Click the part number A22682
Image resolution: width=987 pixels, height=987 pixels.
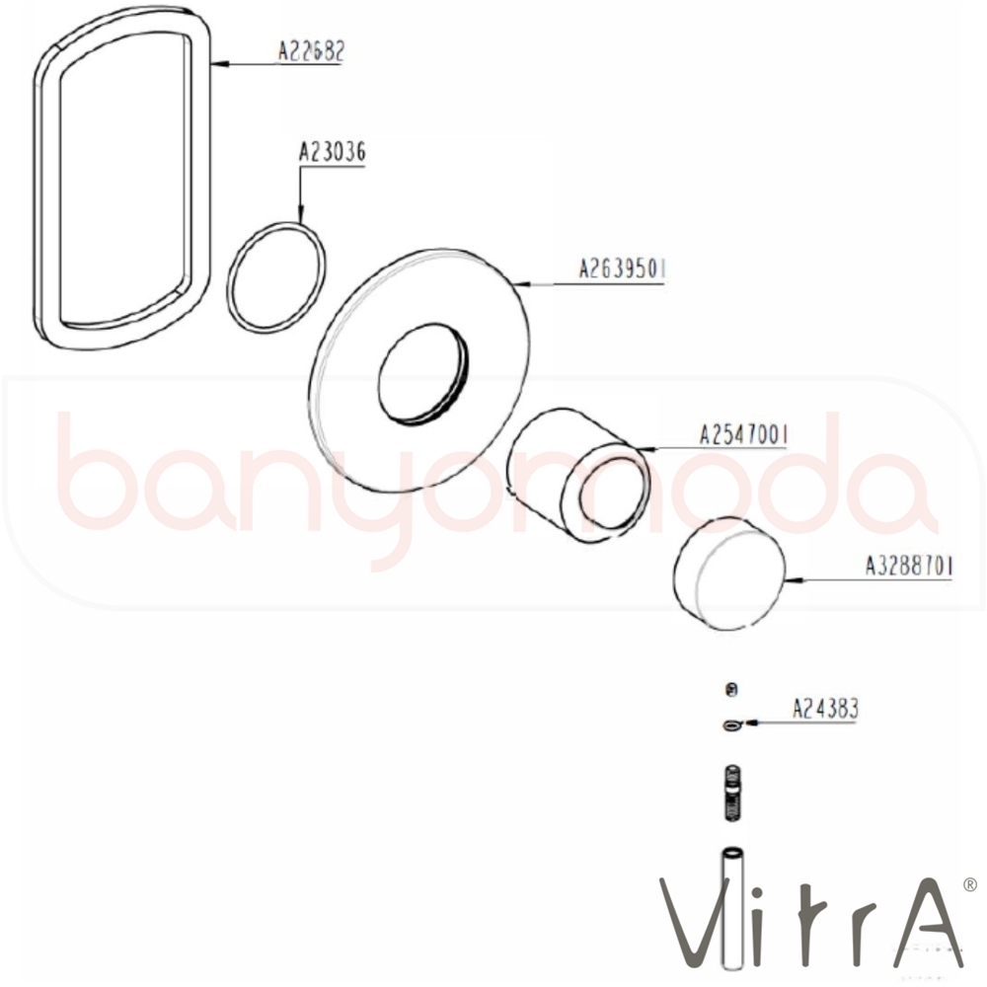click(x=312, y=51)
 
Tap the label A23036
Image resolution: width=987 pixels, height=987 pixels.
click(x=332, y=152)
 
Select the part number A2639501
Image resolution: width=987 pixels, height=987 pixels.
click(x=622, y=269)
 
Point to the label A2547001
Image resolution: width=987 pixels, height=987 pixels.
click(x=743, y=435)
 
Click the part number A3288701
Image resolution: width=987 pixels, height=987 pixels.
click(x=909, y=566)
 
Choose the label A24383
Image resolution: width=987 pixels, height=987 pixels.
click(x=824, y=709)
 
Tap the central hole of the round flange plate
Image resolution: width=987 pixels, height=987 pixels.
click(x=423, y=373)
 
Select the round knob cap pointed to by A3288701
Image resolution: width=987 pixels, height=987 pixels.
click(x=729, y=573)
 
